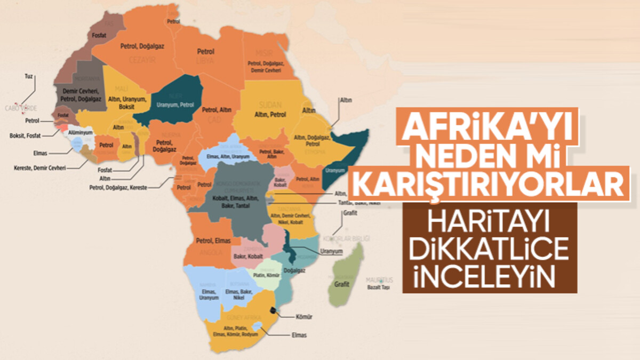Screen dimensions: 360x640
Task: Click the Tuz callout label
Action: [x=29, y=77]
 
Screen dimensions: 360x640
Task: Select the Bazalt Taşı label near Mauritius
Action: [x=379, y=287]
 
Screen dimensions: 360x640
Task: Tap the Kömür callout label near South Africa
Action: [x=303, y=317]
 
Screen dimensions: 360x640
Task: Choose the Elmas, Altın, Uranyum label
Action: [x=227, y=156]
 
